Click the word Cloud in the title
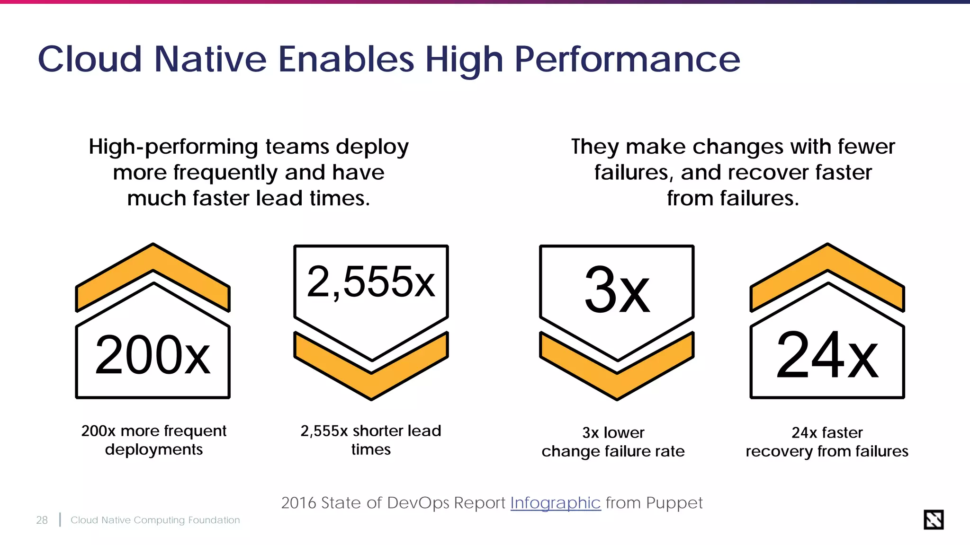click(90, 59)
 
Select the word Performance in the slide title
click(627, 59)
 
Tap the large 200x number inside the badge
click(153, 355)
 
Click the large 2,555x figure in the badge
click(371, 282)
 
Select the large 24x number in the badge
click(827, 355)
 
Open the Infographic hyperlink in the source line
click(555, 502)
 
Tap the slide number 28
click(42, 520)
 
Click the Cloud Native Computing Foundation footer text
click(155, 520)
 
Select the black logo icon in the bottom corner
click(934, 519)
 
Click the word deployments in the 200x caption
click(154, 449)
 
